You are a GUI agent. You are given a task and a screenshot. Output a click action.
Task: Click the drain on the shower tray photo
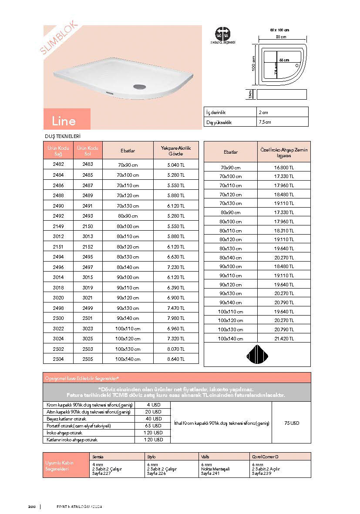139,86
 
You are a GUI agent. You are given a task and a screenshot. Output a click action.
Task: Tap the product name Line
64,121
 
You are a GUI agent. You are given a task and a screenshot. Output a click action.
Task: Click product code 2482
58,165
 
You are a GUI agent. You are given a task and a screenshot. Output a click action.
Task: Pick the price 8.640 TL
176,359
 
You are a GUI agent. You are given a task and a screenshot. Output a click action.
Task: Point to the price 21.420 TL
284,338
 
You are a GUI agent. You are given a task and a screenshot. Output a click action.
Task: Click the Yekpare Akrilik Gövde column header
176,151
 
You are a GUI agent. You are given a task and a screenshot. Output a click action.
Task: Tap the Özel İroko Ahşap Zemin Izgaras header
284,152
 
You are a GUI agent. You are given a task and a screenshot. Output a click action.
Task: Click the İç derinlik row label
217,112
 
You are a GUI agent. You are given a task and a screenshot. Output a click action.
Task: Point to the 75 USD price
291,423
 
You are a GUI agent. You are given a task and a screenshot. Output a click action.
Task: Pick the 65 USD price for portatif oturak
153,426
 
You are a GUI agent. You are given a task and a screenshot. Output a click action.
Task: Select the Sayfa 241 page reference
210,473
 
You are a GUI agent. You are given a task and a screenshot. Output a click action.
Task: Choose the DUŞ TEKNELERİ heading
63,136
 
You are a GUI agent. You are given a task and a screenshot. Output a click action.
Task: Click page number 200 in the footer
31,507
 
